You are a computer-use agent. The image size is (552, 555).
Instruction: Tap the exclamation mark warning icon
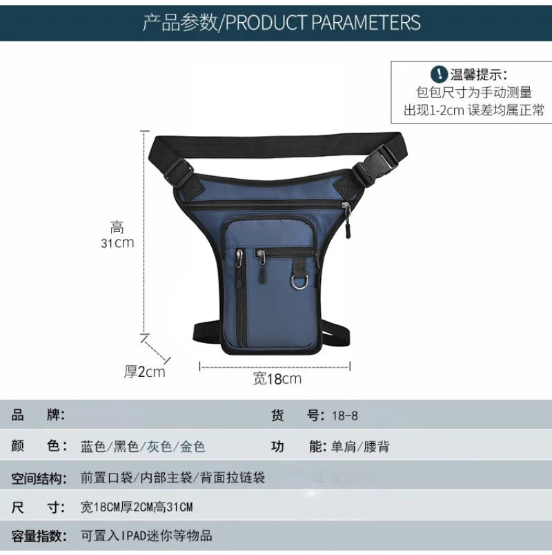tap(438, 75)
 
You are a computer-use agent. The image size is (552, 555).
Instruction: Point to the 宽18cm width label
tap(277, 378)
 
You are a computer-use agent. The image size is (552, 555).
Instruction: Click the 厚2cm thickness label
tap(145, 371)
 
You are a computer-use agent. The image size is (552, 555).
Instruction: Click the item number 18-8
tap(344, 416)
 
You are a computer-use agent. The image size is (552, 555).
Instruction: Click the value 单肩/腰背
tap(359, 447)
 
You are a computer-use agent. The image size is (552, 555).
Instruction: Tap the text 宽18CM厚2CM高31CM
tap(137, 507)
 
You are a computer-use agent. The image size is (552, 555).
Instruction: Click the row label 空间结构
tap(39, 478)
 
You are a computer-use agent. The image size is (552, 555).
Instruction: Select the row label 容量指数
tap(39, 536)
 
